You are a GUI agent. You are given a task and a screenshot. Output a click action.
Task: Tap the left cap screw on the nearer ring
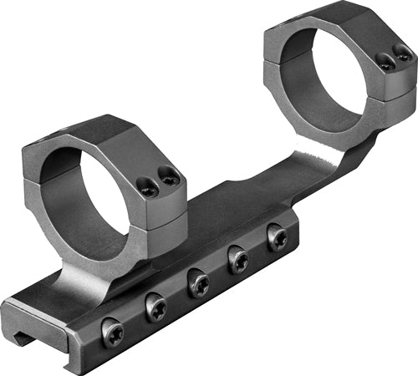click(149, 191)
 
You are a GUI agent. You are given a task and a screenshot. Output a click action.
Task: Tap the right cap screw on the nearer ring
click(170, 176)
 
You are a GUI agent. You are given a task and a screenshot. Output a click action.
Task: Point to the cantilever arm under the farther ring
click(334, 163)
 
